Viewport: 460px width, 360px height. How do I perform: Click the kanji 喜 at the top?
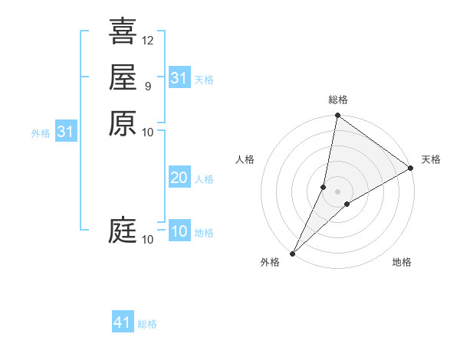(x=123, y=31)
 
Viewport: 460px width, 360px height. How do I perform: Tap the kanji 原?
(x=123, y=123)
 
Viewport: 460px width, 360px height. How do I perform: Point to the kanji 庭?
(x=123, y=230)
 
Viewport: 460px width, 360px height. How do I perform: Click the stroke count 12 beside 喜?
(x=148, y=40)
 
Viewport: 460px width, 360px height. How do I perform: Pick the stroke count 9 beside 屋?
(x=147, y=86)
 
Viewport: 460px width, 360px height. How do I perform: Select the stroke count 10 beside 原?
(x=148, y=132)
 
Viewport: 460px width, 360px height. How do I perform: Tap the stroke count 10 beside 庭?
(x=148, y=240)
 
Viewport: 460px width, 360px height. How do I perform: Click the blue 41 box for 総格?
(x=123, y=322)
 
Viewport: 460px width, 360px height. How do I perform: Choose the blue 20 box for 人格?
(x=179, y=178)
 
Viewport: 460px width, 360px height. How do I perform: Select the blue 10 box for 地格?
(x=179, y=232)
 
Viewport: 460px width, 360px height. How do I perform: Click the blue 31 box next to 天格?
(x=179, y=78)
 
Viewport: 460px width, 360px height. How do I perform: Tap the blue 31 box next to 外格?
(x=66, y=132)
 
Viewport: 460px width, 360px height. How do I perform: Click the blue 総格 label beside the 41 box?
(x=147, y=324)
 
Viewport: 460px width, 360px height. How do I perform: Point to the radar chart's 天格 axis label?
(x=431, y=159)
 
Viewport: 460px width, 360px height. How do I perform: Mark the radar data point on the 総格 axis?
(x=337, y=116)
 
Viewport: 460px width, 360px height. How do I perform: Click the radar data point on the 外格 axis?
(x=293, y=254)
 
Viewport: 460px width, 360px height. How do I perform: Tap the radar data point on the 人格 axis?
(x=324, y=187)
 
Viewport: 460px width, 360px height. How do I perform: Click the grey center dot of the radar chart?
(x=337, y=191)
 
